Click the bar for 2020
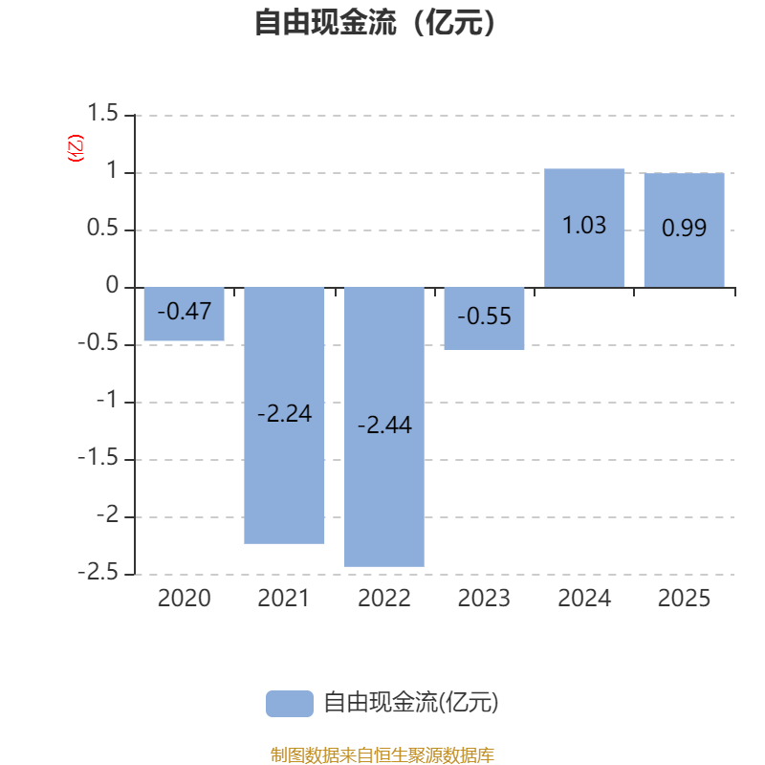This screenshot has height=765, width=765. coord(184,314)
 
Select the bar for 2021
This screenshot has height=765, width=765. coord(284,415)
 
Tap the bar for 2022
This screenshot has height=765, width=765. coord(384,426)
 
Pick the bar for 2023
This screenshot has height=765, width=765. coord(484,318)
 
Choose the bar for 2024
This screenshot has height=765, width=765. coord(584,228)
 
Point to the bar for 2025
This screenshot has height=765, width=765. coord(684,229)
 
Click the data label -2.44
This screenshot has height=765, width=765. coord(384,426)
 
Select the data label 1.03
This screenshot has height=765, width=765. coord(584,226)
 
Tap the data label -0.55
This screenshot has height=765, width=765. coord(484,317)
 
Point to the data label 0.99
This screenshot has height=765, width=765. coord(684,228)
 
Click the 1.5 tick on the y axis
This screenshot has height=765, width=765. coord(102,115)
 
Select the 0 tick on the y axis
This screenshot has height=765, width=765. coord(112,287)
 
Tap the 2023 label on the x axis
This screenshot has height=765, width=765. coord(484,599)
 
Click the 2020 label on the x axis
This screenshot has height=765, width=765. coord(184,599)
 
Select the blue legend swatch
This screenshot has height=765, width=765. coord(289,703)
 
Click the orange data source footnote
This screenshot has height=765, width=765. coord(382,755)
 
